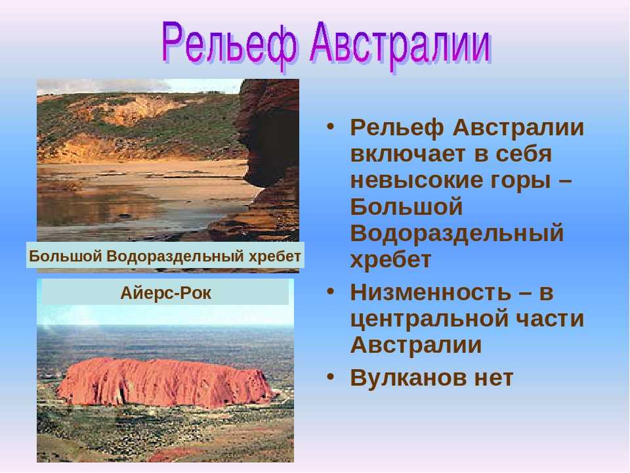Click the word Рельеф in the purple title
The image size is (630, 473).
click(230, 45)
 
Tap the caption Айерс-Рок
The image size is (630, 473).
click(165, 293)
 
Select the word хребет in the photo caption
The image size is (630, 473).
click(275, 256)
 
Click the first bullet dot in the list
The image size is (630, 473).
click(330, 126)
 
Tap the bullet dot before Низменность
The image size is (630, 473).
click(330, 290)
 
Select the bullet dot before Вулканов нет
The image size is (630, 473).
click(330, 376)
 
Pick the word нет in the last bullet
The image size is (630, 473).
click(493, 378)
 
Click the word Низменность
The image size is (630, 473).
click(430, 292)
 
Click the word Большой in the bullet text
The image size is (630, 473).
click(406, 206)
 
